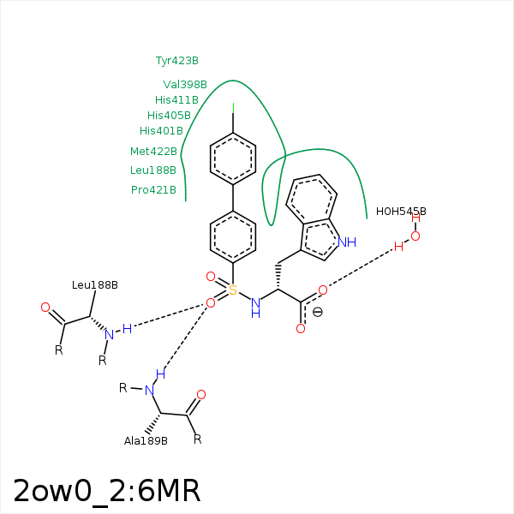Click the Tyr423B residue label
point(176,61)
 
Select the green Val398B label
point(185,85)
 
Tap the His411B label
point(176,100)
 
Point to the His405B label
point(169,116)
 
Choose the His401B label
point(161,131)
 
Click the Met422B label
point(153,152)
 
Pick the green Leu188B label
point(153,170)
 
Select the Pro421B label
point(153,190)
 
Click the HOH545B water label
point(401,212)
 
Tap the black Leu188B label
point(95,285)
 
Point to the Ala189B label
point(146,441)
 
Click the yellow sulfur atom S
point(232,290)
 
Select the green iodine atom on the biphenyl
point(233,108)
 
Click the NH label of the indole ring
point(347,242)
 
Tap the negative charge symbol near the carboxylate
point(317,313)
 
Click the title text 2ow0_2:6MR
point(107,491)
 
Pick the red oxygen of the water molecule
point(415,236)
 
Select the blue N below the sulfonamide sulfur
point(254,302)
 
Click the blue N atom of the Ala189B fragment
point(149,390)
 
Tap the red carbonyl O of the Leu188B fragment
point(45,307)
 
